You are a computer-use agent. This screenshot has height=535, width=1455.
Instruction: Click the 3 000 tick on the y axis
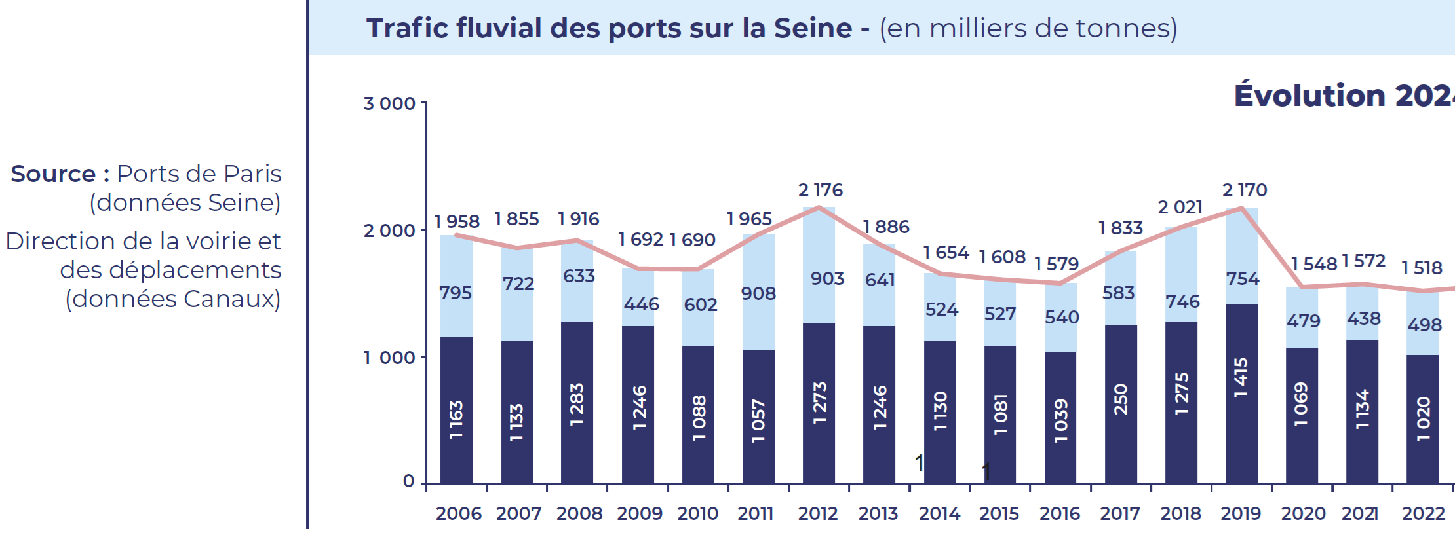tap(389, 103)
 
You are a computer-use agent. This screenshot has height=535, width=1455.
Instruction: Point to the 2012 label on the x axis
tap(818, 513)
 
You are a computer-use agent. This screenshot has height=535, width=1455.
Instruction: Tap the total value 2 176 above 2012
tap(820, 191)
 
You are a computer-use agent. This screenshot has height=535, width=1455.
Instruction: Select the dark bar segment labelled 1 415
tap(1241, 393)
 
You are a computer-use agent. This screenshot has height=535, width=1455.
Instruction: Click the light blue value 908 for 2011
tap(758, 293)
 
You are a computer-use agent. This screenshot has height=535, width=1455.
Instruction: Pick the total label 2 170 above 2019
tap(1245, 191)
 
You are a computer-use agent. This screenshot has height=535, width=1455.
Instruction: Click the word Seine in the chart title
tap(813, 28)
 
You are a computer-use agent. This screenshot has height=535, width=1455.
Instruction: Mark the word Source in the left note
tap(53, 174)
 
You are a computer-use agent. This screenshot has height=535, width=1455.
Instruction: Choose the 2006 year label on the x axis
tap(458, 513)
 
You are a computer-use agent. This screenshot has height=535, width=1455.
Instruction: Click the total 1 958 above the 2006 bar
tap(457, 221)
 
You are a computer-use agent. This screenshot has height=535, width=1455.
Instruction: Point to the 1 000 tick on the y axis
tap(389, 358)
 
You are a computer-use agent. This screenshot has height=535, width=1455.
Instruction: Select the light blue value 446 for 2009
tap(641, 304)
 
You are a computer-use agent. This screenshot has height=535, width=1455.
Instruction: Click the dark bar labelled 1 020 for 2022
tap(1422, 419)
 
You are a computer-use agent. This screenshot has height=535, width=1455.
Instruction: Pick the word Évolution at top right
tap(1309, 96)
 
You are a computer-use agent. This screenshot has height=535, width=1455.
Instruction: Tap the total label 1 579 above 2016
tap(1056, 264)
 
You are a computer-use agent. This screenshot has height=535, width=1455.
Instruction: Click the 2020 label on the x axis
tap(1303, 513)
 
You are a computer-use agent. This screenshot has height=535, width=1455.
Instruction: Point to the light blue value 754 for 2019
tap(1243, 278)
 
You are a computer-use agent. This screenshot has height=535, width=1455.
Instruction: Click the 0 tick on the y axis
tap(408, 481)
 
